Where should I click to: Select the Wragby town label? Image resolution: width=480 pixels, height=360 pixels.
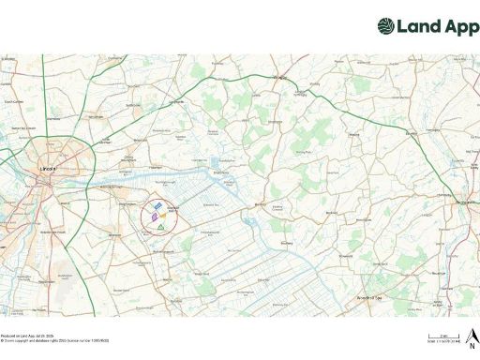[x=277, y=80]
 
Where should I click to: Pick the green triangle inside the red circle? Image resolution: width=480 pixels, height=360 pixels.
[x=161, y=227]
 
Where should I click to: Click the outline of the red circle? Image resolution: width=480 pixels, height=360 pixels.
[x=142, y=217]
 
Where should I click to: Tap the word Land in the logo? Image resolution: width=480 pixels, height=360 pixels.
[x=418, y=26]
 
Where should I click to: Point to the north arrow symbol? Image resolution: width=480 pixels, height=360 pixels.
[x=473, y=333]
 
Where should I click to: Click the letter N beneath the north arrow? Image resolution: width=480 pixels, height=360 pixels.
[x=473, y=342]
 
